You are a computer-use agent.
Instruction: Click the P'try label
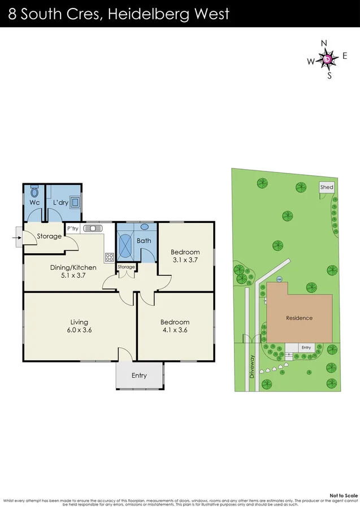pos(72,228)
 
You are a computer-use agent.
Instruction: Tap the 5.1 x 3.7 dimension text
pos(72,277)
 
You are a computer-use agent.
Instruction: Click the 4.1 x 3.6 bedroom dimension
pos(174,330)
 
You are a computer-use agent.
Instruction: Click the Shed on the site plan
pos(327,187)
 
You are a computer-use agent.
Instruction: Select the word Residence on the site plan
pos(299,318)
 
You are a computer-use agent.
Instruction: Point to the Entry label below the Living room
pos(139,376)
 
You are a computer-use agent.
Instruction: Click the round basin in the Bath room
pos(144,227)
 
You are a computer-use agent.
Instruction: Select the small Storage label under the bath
pos(127,267)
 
